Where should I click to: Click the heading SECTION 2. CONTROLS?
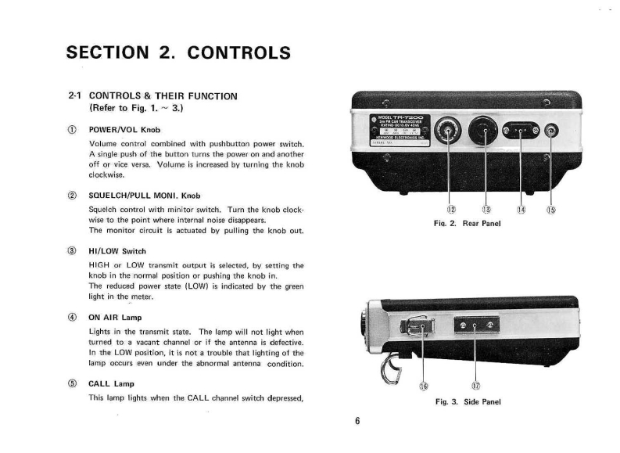(x=178, y=53)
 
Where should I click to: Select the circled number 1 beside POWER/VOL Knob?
(x=72, y=129)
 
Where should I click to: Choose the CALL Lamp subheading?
(x=112, y=384)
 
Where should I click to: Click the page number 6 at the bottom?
(x=357, y=421)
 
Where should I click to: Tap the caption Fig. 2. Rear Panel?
(x=467, y=223)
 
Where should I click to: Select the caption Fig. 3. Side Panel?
(x=468, y=401)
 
